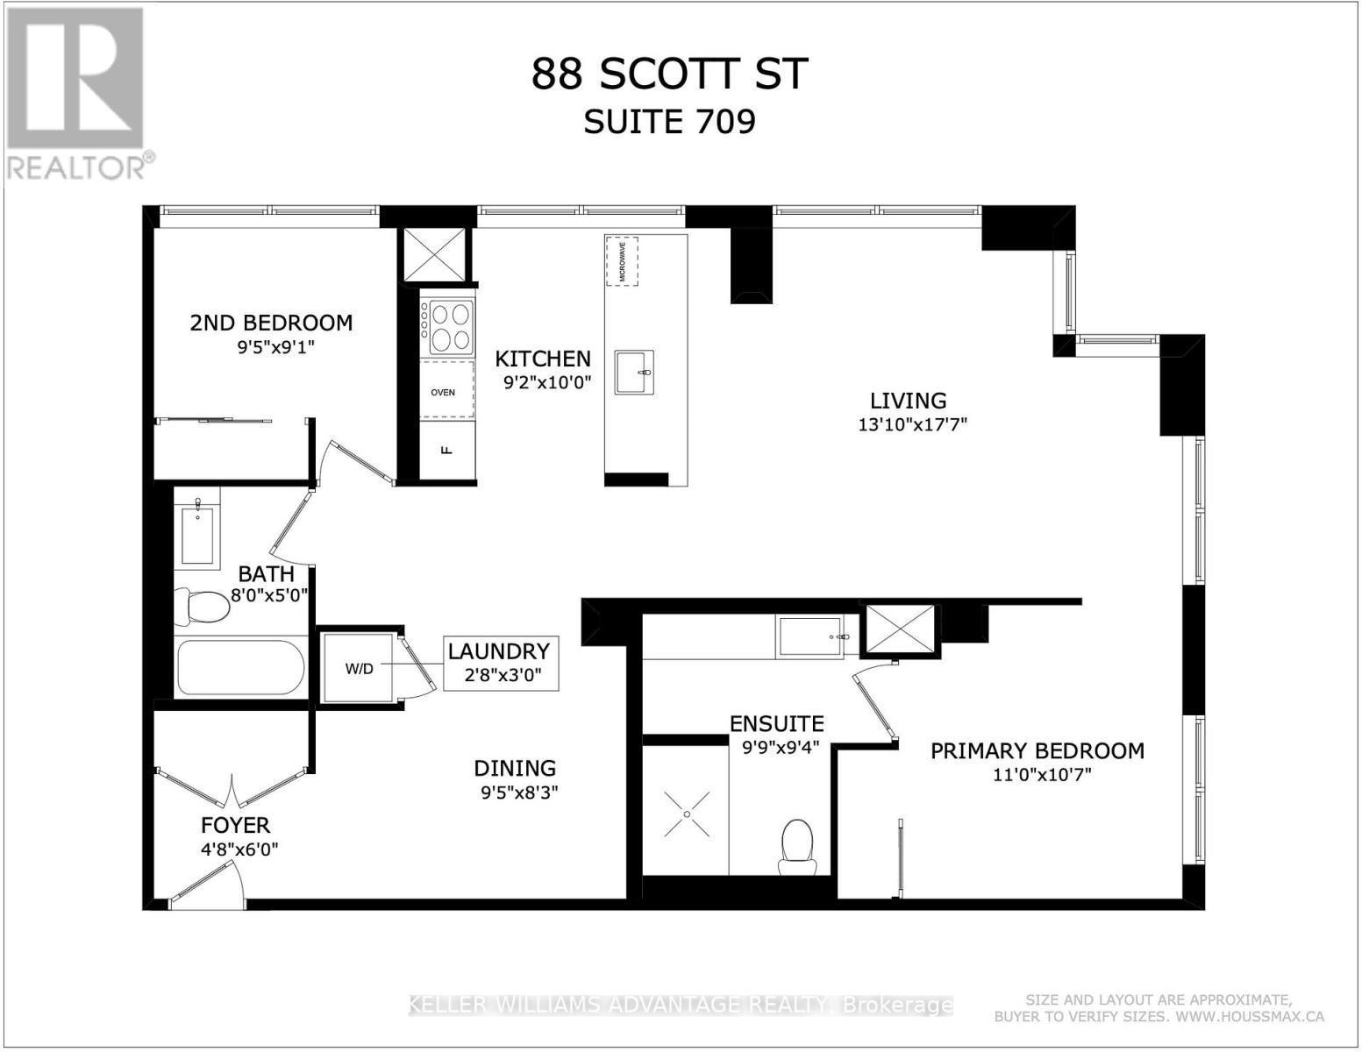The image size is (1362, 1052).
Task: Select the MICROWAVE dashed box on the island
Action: tap(622, 259)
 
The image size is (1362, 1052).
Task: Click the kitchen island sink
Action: tap(634, 373)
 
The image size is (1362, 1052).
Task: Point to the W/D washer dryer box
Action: tap(359, 668)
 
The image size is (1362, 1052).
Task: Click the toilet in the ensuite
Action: tap(797, 847)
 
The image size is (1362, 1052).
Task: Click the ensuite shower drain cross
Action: tap(686, 813)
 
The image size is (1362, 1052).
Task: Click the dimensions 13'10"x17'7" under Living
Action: tap(912, 425)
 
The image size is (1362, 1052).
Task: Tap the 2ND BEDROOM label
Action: tap(271, 323)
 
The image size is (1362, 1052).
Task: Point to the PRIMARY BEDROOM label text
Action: tap(1037, 751)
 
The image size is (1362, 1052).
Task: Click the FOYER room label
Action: tap(235, 825)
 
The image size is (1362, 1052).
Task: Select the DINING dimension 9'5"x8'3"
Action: tap(516, 792)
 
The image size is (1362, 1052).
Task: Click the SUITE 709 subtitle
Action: tap(670, 121)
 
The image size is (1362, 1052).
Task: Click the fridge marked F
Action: tap(446, 451)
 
